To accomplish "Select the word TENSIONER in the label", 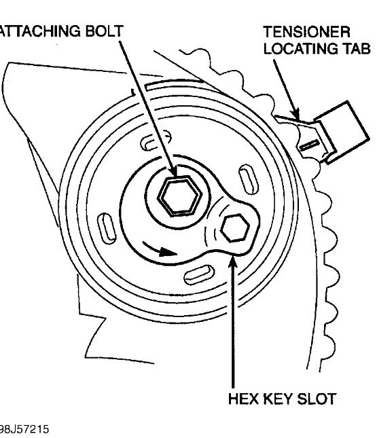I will point(306,32).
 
